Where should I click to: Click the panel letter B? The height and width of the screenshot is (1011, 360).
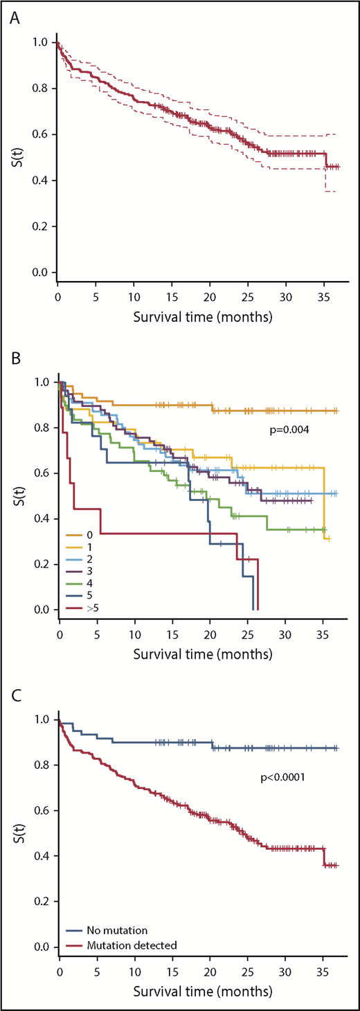coord(14,361)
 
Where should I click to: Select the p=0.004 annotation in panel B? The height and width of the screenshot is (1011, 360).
coord(288,430)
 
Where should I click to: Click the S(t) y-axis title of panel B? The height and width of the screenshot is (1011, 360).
coord(15,495)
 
